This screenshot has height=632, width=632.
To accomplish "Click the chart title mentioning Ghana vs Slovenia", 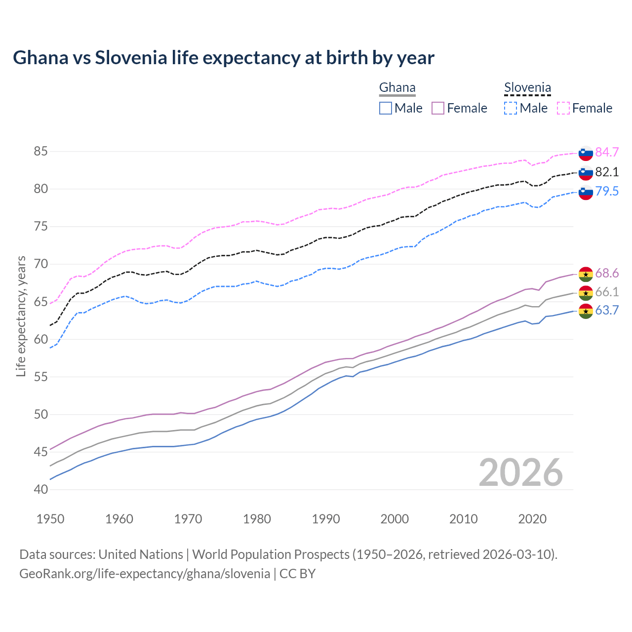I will [x=223, y=58].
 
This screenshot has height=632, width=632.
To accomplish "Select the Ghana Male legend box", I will [x=386, y=108].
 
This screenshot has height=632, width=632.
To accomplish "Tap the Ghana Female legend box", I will [x=438, y=108].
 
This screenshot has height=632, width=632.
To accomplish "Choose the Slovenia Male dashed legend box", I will [x=511, y=108].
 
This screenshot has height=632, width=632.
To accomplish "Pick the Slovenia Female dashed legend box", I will [x=563, y=108].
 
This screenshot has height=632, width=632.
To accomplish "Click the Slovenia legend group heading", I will [x=527, y=88].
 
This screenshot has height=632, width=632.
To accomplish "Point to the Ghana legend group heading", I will [x=397, y=88].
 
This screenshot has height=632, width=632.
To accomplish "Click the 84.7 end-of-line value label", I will [x=607, y=152].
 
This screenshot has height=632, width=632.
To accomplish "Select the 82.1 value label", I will [x=607, y=172].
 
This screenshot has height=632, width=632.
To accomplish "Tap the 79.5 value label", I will [x=607, y=191].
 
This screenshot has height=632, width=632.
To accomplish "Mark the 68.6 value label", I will [x=607, y=274].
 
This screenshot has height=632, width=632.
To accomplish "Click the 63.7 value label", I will [x=607, y=310].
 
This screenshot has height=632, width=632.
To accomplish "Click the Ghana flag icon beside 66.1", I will [x=586, y=293].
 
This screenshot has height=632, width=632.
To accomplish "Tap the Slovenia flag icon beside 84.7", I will [x=586, y=153].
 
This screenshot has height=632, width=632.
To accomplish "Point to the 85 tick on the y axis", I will [x=40, y=152].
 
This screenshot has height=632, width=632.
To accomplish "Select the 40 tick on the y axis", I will [x=40, y=489].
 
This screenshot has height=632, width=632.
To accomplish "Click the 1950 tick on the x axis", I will [x=50, y=519].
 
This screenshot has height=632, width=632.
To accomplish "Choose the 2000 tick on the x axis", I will [x=395, y=519].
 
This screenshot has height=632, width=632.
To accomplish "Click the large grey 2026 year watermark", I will [x=521, y=473].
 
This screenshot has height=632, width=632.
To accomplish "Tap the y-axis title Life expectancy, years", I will [x=21, y=316].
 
